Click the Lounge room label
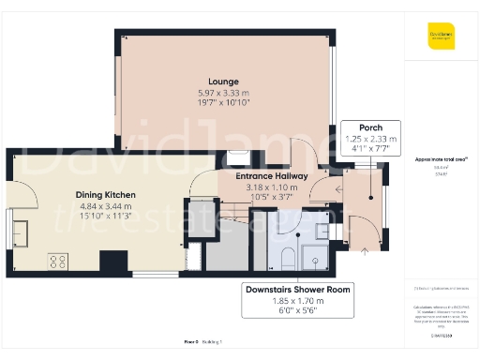coord(224,82)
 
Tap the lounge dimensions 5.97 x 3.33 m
coord(224,93)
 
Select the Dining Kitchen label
coord(106,195)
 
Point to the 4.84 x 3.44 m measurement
coord(106,206)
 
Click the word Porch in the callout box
coord(370,127)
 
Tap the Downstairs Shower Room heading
coord(296,290)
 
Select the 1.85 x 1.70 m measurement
coord(296,301)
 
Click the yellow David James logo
coord(442,39)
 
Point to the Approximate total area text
coord(441,160)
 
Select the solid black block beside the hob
coord(113,262)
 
